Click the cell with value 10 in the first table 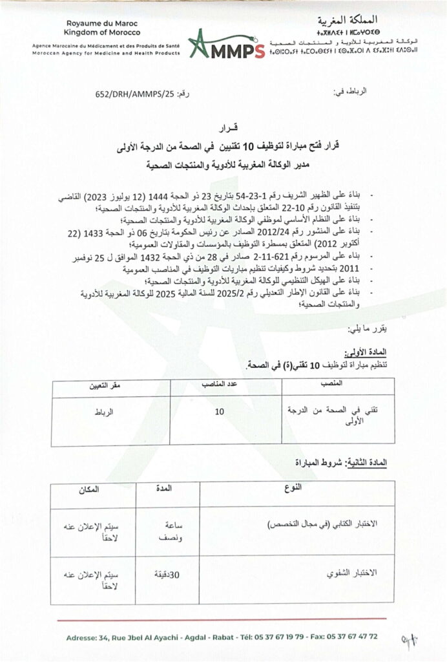tap(220, 411)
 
